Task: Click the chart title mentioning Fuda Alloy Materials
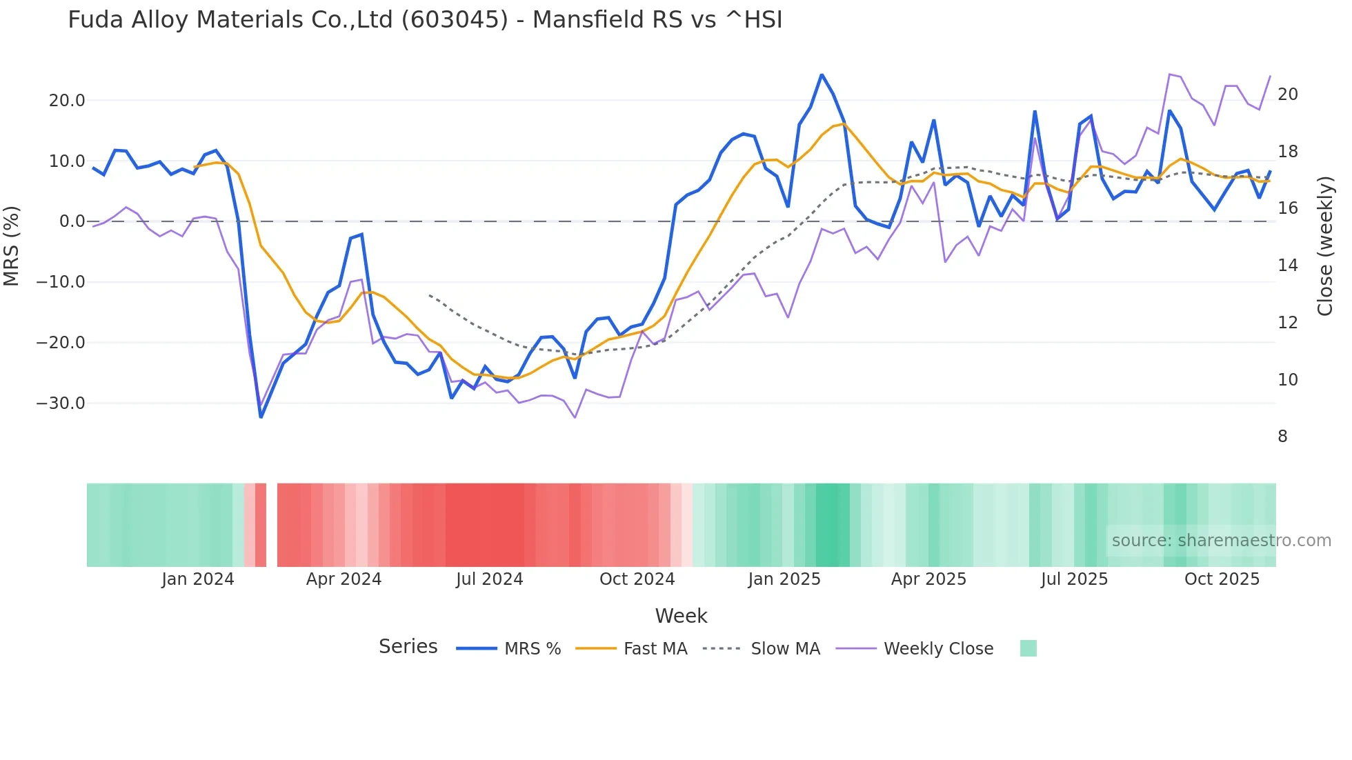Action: coord(425,20)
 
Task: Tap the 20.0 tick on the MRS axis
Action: coord(67,101)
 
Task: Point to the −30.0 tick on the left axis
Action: coord(61,403)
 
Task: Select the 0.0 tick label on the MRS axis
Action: coord(72,221)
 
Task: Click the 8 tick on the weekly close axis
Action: coord(1282,437)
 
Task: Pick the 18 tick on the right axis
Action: coord(1287,152)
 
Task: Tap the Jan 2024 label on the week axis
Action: coord(198,579)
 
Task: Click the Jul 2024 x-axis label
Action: coord(489,579)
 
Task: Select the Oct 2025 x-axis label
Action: coord(1222,579)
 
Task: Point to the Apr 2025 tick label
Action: coord(928,579)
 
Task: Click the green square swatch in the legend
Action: coord(1028,648)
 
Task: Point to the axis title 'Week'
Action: coord(681,616)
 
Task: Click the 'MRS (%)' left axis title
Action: coord(12,246)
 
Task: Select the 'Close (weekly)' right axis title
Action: coord(1325,246)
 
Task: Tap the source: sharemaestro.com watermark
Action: coord(1221,541)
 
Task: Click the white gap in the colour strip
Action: coord(272,525)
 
